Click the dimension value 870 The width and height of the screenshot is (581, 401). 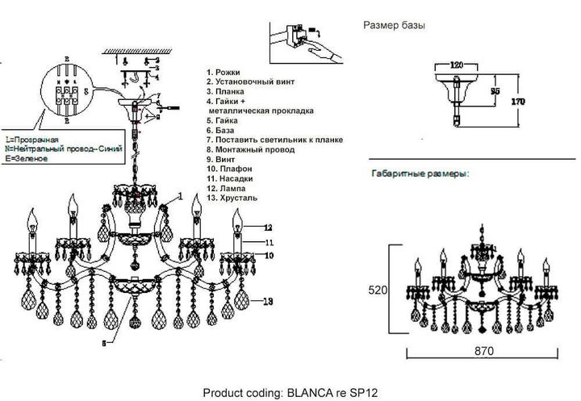482,352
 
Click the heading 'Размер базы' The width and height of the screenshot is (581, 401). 395,26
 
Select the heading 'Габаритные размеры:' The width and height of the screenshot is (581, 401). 420,174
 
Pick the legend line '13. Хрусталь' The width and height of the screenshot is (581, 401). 235,198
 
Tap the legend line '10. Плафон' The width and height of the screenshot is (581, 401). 232,169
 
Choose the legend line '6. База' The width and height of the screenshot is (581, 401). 224,131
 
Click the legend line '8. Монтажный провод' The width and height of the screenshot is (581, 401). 249,150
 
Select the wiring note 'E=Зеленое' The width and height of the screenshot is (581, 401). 27,159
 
